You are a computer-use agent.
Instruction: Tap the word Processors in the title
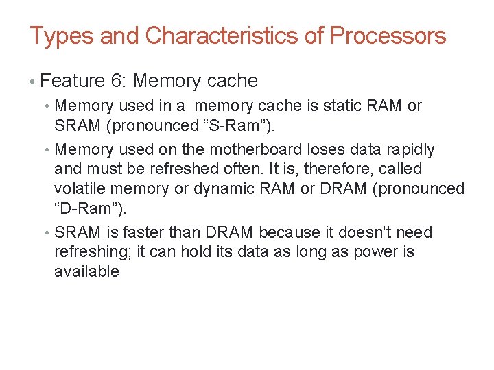[x=388, y=36]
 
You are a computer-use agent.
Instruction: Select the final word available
[x=86, y=271]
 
